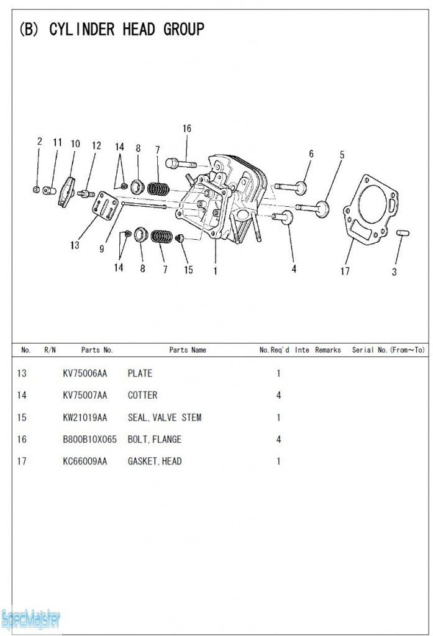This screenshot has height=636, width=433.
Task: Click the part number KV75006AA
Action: [84, 373]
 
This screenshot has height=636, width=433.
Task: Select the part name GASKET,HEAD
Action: [155, 461]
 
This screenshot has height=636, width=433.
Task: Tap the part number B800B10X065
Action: [89, 440]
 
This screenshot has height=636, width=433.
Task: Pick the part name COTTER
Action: [142, 395]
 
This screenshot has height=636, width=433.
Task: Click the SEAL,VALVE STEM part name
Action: [165, 417]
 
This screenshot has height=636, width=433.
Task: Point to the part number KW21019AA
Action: [84, 417]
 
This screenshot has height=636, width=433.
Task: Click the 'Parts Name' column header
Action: [188, 350]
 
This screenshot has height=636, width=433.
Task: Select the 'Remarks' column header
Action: [327, 350]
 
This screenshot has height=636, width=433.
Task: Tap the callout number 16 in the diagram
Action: [187, 129]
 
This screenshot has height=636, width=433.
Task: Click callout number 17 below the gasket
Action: [345, 271]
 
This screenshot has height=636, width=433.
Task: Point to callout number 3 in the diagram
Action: [394, 271]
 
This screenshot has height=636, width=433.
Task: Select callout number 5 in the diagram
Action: [342, 155]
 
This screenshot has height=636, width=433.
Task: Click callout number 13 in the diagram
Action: [75, 245]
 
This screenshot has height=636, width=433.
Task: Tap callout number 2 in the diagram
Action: [39, 142]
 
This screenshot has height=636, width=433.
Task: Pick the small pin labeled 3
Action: [401, 233]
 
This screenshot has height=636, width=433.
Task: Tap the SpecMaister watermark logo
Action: [31, 619]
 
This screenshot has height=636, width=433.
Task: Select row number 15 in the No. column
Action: [22, 417]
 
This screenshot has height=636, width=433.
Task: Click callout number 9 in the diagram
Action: [101, 250]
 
